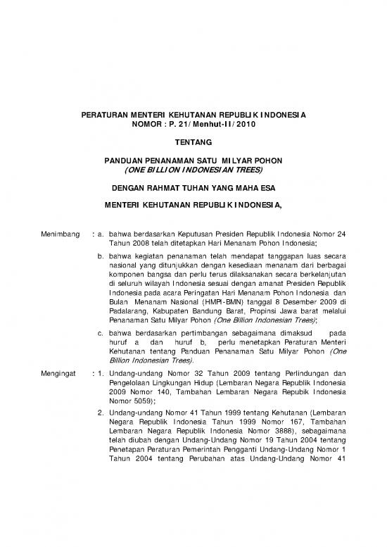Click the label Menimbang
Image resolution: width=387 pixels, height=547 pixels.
coord(58,232)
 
